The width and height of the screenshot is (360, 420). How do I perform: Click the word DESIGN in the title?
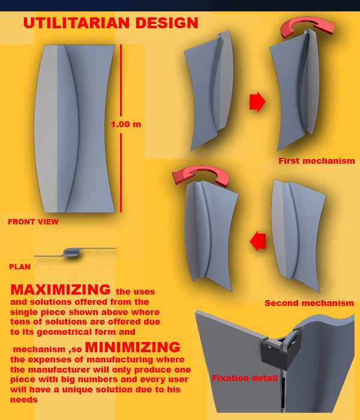pos(167,23)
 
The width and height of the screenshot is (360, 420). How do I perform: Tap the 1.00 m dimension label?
pos(125,124)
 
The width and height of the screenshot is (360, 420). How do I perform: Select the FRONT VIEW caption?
pos(33,222)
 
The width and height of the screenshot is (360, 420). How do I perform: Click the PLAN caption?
pos(20,267)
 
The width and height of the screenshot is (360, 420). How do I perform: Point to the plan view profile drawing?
pos(75,253)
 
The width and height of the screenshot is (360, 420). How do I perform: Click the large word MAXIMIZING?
pos(61,290)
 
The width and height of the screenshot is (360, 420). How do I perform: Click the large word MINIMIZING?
pos(133,347)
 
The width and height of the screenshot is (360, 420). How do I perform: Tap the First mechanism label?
pos(317,161)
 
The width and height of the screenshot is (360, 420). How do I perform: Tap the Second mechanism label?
pos(310,303)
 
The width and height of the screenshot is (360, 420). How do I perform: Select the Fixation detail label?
pos(245,378)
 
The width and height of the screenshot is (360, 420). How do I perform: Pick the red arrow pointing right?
pos(257,102)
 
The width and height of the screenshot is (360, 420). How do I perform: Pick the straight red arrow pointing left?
pos(257,241)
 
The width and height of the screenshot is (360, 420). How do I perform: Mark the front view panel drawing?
pos(75,128)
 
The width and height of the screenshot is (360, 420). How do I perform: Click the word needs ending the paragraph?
pos(24,400)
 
